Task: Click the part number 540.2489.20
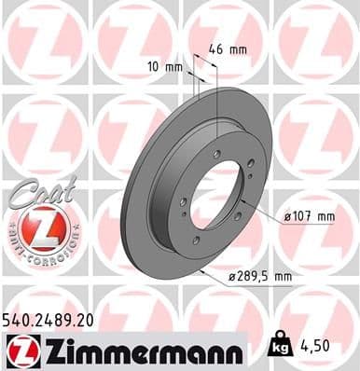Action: pyautogui.click(x=48, y=320)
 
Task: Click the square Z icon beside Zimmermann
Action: pyautogui.click(x=19, y=350)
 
